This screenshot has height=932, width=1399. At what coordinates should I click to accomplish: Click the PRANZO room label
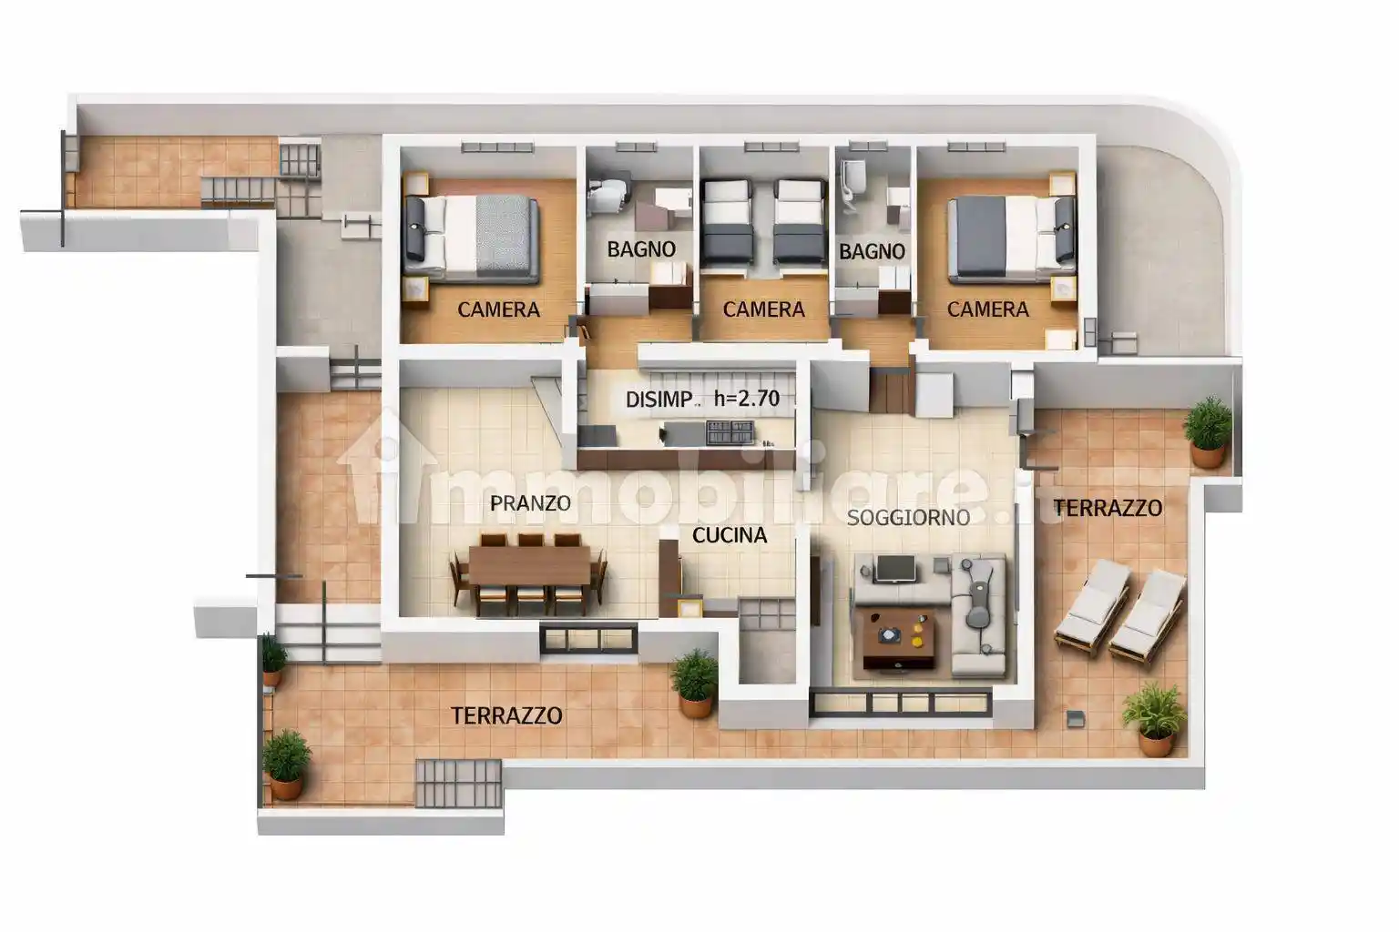point(530,503)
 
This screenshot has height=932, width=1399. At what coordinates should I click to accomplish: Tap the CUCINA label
point(730,535)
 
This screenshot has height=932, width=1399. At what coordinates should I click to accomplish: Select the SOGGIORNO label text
point(908,518)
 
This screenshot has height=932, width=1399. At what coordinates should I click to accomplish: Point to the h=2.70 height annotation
point(747,399)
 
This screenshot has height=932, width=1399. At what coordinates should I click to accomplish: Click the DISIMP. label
point(659,400)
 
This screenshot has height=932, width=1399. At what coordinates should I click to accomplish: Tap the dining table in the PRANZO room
point(529,565)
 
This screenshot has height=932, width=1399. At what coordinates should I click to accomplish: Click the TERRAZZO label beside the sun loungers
point(1108,508)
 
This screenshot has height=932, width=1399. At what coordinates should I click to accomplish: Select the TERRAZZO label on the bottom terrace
point(506,715)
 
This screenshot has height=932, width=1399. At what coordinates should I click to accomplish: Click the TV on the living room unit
point(896,569)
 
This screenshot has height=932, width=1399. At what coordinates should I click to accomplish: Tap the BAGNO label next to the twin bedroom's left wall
point(641,249)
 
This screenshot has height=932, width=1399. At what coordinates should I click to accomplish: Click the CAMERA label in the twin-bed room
point(764,309)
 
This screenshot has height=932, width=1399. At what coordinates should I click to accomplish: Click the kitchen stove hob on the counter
point(730,433)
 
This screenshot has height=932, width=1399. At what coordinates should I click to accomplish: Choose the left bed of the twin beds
point(727,222)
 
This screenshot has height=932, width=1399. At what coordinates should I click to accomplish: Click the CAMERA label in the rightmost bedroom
point(988,309)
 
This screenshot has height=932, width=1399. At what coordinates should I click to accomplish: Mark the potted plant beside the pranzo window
point(695,683)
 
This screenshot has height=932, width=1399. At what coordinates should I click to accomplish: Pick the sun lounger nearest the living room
point(1093,607)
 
